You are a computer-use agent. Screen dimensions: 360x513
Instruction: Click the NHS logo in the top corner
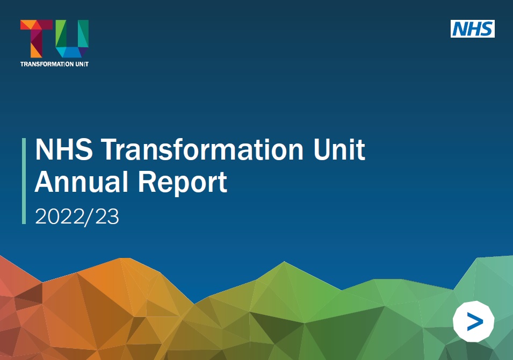(x=472, y=28)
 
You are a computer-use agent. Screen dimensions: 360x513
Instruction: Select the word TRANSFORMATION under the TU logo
(x=45, y=64)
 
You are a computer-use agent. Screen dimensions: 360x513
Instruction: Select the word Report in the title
(x=183, y=184)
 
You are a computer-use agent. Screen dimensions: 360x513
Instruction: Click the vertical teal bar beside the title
(x=24, y=181)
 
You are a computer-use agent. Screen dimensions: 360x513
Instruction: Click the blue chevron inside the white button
(x=475, y=321)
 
